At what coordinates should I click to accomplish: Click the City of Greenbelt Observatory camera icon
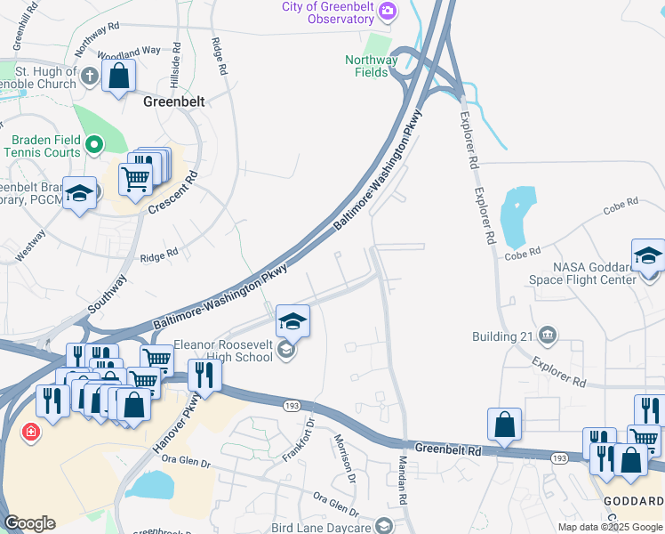[388, 12]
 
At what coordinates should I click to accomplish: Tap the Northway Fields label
[372, 66]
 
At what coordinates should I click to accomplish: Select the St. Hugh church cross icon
[89, 76]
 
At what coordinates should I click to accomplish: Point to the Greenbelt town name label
[174, 101]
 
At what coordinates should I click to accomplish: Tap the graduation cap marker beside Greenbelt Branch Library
[80, 195]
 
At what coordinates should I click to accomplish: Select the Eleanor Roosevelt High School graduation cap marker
[292, 320]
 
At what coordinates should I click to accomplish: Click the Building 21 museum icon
[547, 336]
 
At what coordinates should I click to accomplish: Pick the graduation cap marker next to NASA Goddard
[648, 255]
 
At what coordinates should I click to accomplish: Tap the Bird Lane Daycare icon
[383, 527]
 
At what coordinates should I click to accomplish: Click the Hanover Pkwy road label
[190, 417]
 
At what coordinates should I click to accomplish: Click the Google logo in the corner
[29, 523]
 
